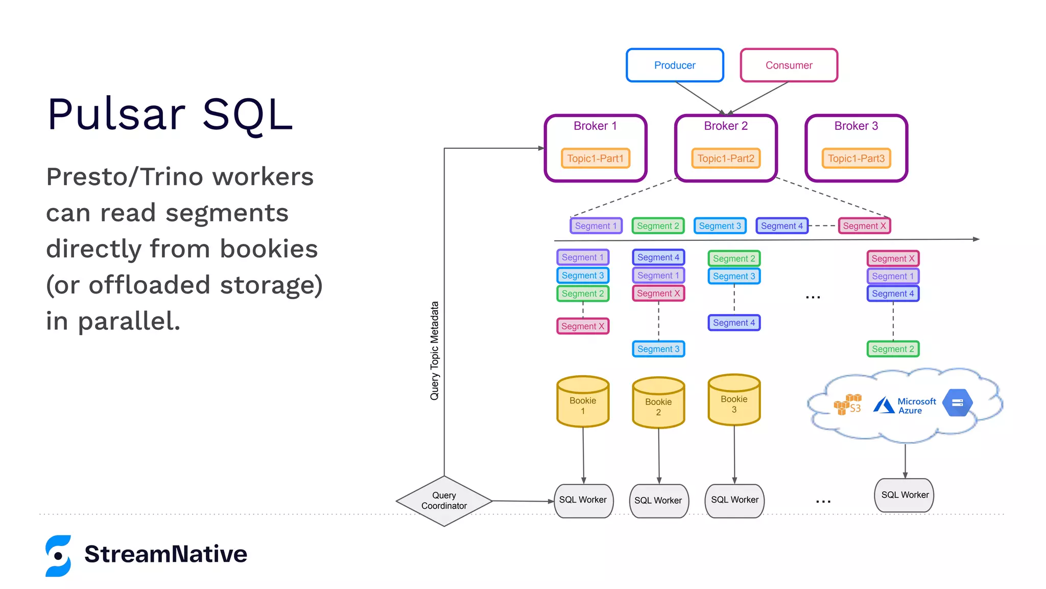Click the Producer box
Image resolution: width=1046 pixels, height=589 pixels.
pos(675,65)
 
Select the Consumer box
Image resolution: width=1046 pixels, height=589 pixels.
pos(789,65)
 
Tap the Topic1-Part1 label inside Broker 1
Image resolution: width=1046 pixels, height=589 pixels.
pos(595,158)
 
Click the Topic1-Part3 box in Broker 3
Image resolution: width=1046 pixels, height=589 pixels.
pos(856,158)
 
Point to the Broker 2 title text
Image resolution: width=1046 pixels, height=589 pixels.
pos(725,126)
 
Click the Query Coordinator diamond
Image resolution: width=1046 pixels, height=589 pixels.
pos(444,501)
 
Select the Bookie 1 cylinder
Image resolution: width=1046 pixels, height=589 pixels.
pos(583,402)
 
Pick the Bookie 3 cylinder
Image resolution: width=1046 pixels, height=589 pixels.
pos(734,401)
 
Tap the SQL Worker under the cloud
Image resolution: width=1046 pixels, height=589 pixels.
pos(905,495)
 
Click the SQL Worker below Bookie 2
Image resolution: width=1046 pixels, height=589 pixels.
pos(658,501)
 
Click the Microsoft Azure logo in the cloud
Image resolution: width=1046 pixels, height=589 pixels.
pos(904,406)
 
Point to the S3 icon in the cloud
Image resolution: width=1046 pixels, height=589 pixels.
pos(848,404)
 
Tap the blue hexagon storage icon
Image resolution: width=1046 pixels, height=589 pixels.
pos(957,403)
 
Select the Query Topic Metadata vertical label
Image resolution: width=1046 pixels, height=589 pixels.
pos(435,351)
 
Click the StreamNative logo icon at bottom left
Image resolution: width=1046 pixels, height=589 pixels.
pos(58,556)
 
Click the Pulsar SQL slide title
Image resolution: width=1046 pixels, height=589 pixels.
pos(170,115)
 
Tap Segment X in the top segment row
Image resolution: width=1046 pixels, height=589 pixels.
pos(864,226)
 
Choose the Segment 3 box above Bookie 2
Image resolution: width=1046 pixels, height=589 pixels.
pos(658,349)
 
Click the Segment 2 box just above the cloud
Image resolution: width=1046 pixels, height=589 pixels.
pos(893,349)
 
